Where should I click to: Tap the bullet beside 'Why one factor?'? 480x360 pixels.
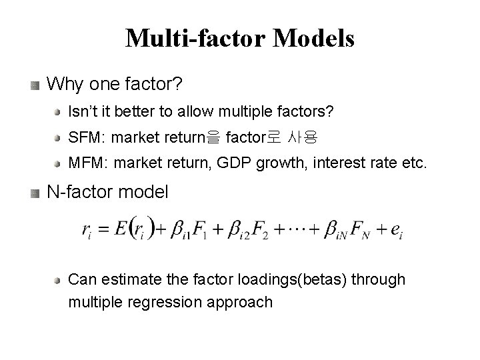[35, 85]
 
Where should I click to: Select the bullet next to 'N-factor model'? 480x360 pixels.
[35, 193]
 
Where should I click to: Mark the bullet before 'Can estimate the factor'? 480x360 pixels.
[60, 280]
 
